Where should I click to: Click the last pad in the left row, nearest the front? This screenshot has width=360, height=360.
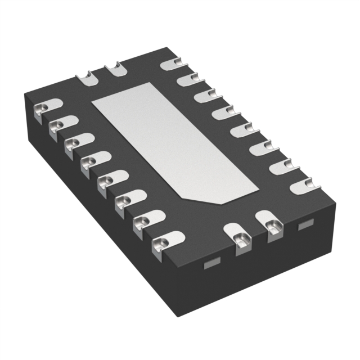pos(163,242)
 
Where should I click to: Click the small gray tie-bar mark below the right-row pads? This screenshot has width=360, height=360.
pos(304,226)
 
